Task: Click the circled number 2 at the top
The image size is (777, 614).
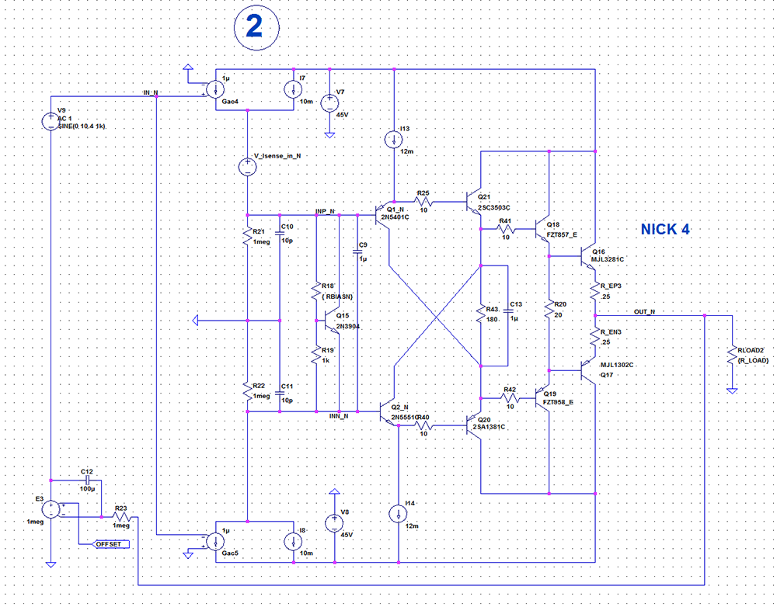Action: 253,26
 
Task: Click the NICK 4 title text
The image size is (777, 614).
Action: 665,229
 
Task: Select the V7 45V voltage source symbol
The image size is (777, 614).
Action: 329,102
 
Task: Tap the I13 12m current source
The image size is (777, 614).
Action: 395,140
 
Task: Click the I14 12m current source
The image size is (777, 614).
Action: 397,514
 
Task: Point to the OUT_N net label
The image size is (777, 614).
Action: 644,312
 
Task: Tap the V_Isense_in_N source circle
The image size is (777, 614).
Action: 246,165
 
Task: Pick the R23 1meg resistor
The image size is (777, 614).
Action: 121,516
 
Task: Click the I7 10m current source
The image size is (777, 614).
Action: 293,89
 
